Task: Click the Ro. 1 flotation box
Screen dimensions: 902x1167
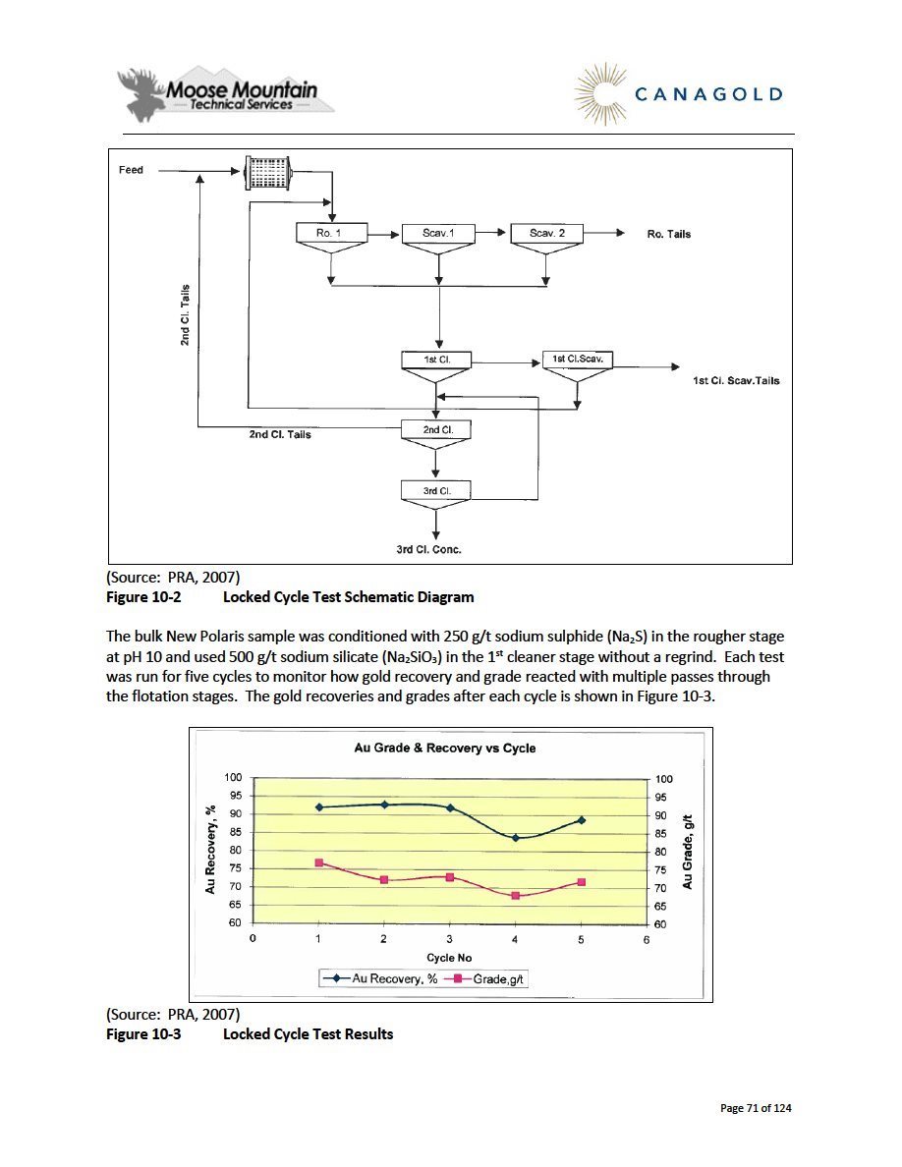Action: pos(331,233)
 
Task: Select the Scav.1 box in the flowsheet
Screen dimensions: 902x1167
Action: pos(438,233)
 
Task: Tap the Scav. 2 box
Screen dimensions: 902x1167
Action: pos(547,233)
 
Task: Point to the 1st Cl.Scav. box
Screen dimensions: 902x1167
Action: pos(578,360)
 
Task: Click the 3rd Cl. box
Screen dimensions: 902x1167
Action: pos(436,490)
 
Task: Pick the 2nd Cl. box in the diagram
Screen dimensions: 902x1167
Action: pos(436,429)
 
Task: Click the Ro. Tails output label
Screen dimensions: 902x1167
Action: pos(669,234)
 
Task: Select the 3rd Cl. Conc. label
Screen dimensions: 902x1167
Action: pos(428,549)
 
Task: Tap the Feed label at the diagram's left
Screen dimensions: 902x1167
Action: pos(131,170)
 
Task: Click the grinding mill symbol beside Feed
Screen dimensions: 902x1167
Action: pos(268,173)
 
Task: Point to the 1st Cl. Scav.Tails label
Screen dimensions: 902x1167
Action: pos(736,380)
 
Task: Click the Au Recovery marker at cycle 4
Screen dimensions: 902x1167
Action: pos(516,837)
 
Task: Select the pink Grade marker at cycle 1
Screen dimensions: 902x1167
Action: pos(318,862)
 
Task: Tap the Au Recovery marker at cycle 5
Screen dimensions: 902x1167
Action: pos(582,820)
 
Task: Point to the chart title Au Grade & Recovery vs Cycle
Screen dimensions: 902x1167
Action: pos(445,748)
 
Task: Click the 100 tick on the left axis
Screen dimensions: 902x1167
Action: pos(233,777)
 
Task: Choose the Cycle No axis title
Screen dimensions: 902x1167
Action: pos(449,958)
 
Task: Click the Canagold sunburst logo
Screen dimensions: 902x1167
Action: pos(599,94)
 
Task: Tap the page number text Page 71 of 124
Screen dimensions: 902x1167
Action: pos(756,1108)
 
